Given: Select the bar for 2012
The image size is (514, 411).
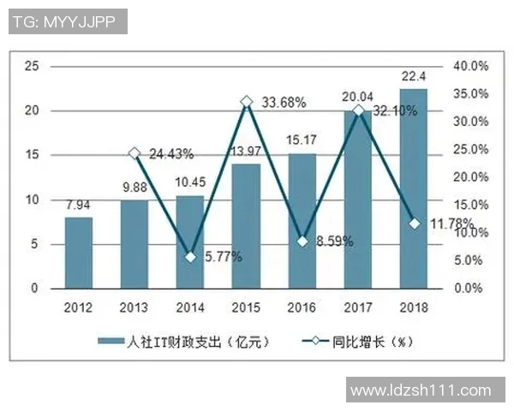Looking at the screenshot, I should tap(79, 253).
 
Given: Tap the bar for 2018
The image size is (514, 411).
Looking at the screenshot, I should tap(413, 189).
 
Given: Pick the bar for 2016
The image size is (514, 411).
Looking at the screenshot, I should tap(302, 221).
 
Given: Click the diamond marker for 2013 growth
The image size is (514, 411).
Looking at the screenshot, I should tap(134, 153).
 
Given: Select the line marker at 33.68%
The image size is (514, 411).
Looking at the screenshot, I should tap(246, 102).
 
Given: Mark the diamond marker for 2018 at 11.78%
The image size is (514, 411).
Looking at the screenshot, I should tap(414, 223).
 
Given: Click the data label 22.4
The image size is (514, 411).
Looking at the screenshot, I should tap(413, 78).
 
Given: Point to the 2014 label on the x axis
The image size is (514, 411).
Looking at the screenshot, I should tap(190, 307).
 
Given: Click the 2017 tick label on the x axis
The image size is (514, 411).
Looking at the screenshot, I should tap(358, 307).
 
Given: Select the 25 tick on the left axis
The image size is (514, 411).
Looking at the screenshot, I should tap(32, 66).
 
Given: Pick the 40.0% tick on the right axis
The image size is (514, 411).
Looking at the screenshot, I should tap(470, 66).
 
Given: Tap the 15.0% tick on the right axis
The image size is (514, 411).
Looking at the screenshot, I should tap(470, 205).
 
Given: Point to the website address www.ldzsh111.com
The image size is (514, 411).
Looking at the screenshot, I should tap(421, 390).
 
